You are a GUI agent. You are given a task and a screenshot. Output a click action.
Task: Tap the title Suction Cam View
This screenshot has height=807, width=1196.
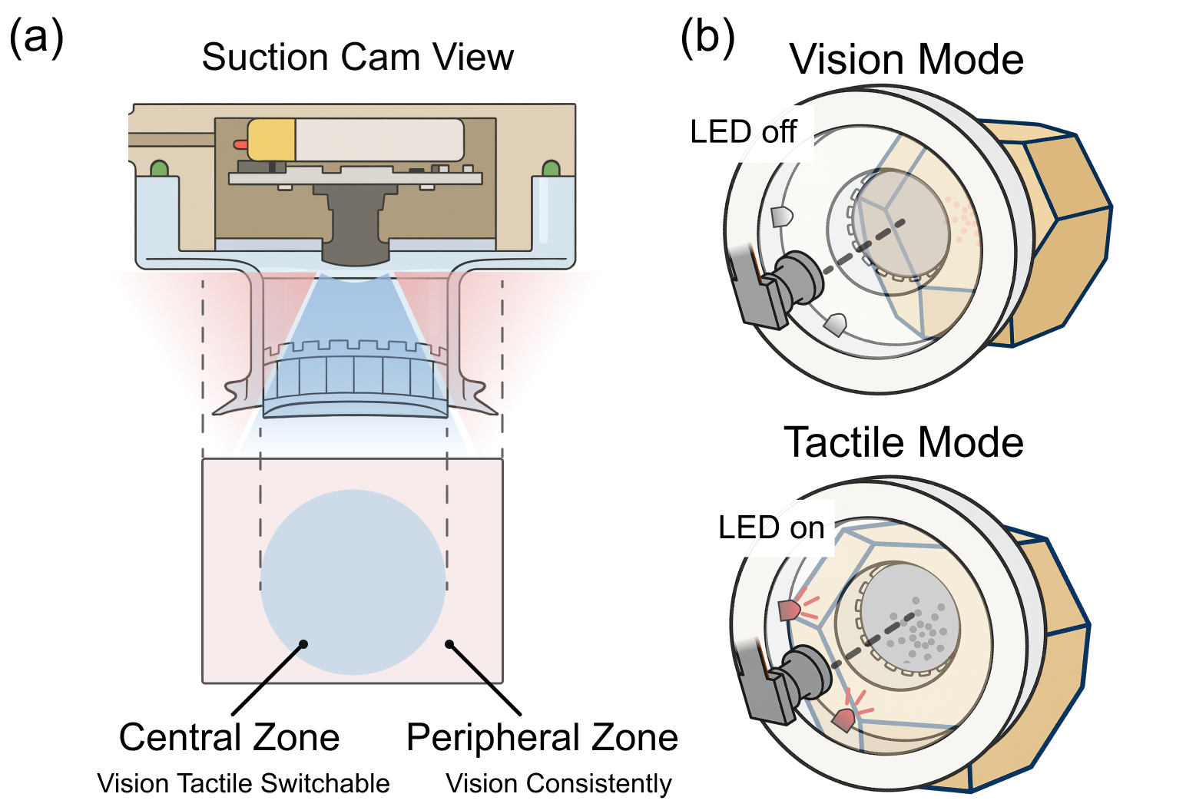coord(357,58)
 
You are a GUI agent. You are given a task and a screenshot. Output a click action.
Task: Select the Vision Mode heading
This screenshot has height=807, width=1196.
coord(906,60)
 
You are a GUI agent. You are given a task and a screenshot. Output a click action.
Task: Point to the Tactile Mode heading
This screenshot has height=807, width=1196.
coord(903,443)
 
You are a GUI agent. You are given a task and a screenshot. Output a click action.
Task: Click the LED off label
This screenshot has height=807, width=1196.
coord(743,132)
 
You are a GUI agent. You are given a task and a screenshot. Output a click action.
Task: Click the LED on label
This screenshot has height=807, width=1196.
coord(771,528)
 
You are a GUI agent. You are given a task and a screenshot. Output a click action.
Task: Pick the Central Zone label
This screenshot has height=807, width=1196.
coord(229,737)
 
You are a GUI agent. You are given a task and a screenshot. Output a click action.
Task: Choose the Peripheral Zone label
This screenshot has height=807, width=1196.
coord(542,737)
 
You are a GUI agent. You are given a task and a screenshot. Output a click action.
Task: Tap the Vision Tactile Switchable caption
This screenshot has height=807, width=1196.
coord(243,783)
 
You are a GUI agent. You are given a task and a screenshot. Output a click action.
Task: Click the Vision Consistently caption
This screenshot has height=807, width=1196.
coord(558,783)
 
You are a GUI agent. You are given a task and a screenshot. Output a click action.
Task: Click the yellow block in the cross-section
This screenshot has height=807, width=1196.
coord(272,140)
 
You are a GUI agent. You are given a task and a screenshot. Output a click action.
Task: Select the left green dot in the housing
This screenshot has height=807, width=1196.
coord(159,168)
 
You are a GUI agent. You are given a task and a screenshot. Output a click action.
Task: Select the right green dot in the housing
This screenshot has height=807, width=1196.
coord(551,168)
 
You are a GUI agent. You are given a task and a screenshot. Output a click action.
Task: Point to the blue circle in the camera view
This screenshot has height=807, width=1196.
coord(353,582)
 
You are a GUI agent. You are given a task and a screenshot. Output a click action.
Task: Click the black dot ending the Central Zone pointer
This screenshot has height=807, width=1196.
coord(303,644)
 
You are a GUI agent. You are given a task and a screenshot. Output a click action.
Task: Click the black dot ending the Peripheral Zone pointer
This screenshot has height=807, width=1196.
coord(449,644)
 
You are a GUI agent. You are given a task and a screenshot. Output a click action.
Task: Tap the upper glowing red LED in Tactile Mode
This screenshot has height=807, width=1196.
coord(790,610)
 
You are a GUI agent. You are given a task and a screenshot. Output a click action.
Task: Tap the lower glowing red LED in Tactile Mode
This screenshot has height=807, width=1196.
coord(843,720)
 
